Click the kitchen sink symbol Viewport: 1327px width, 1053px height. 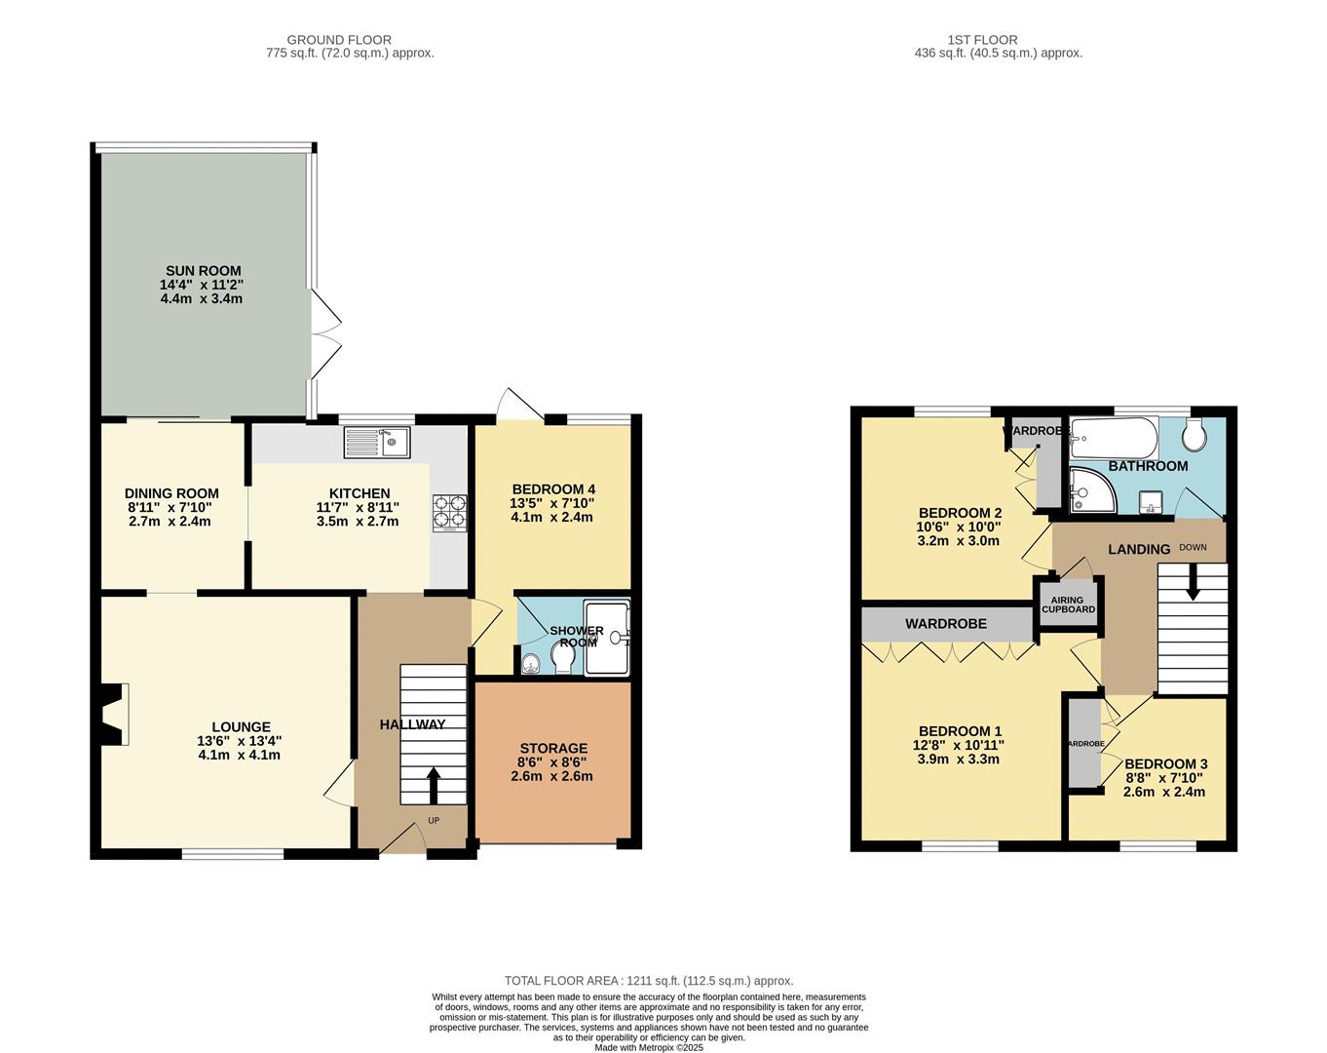[x=378, y=443]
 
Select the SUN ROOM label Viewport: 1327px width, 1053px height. [x=202, y=271]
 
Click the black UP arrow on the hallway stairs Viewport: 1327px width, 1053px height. [x=433, y=784]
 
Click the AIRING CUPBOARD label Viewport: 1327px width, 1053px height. [x=1068, y=605]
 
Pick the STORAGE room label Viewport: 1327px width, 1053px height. [x=552, y=748]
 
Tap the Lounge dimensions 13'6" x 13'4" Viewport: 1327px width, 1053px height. [x=239, y=740]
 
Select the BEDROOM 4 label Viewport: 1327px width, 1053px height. [x=551, y=489]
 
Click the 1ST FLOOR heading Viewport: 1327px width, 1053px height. [x=982, y=40]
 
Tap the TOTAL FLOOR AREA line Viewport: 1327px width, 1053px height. [x=648, y=981]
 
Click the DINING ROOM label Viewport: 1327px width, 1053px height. [x=171, y=493]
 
